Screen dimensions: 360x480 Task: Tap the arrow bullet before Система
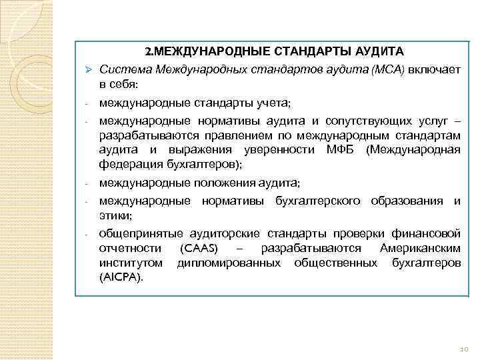tap(88, 70)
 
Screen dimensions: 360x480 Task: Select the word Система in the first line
tap(119, 69)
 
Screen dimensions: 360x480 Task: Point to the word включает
tap(435, 69)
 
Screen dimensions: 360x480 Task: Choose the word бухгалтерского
tap(315, 201)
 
